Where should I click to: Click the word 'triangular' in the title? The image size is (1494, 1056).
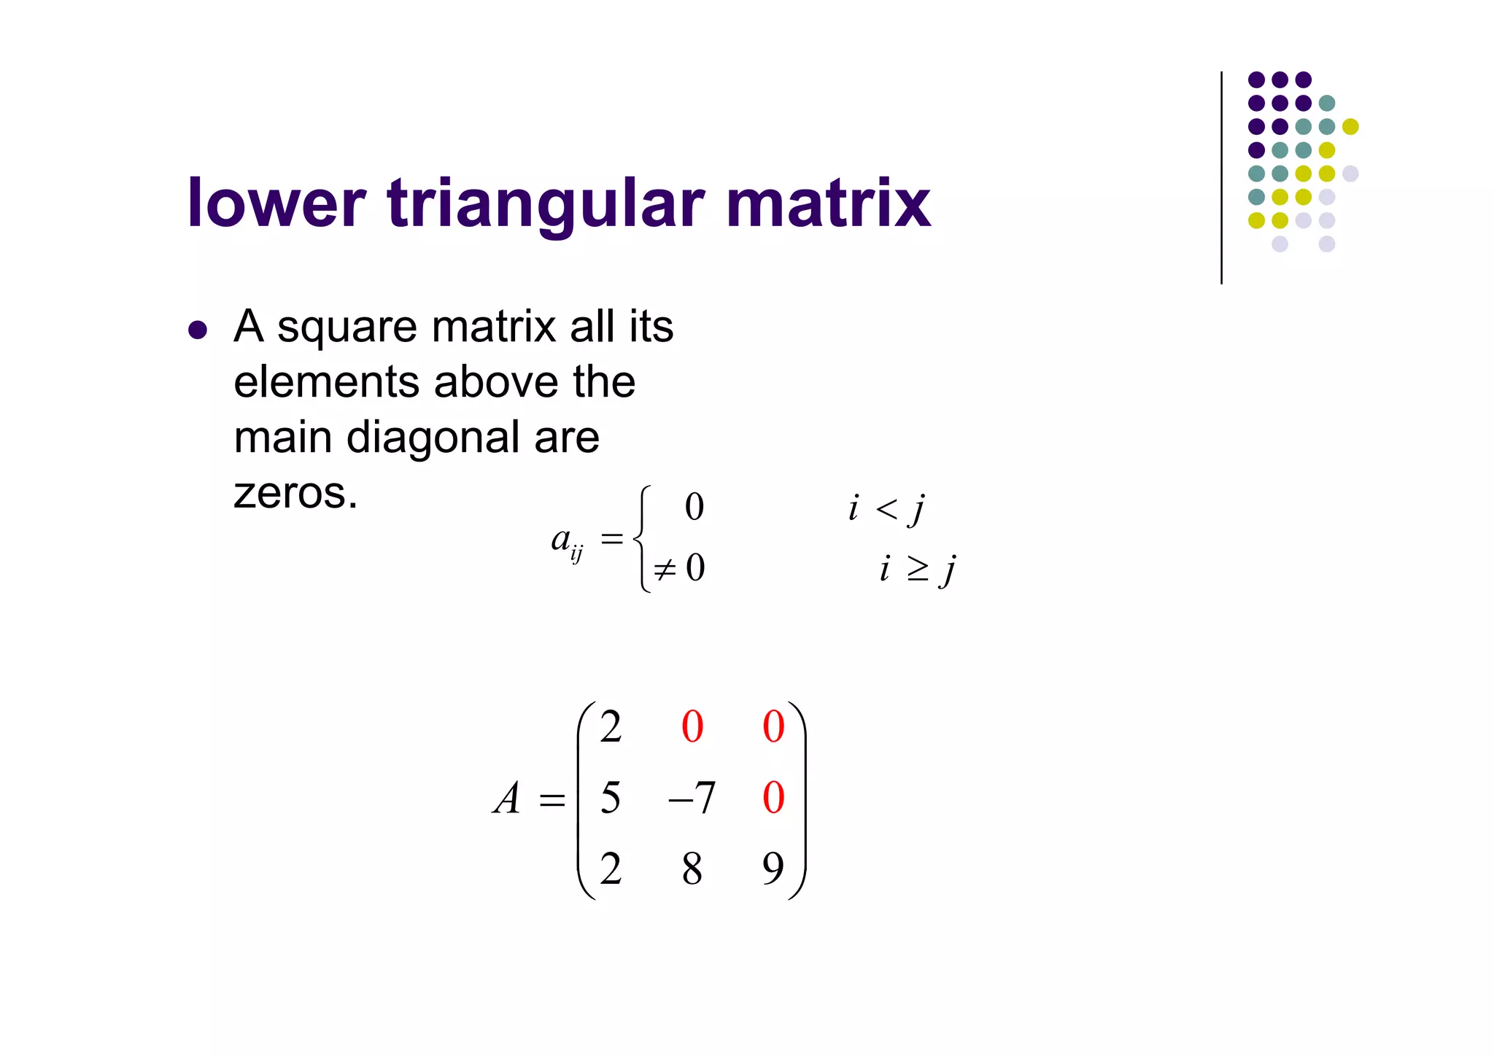(x=546, y=204)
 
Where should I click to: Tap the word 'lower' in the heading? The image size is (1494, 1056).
(x=276, y=204)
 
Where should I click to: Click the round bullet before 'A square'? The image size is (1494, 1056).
(x=198, y=330)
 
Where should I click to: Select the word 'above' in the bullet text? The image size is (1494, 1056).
(x=499, y=382)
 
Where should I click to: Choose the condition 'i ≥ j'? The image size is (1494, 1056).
(x=917, y=569)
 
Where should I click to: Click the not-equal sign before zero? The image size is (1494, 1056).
(x=665, y=569)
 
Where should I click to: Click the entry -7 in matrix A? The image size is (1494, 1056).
(x=692, y=798)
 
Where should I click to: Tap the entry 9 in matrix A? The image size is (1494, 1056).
(x=773, y=868)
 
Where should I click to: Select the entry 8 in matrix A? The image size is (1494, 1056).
(x=692, y=868)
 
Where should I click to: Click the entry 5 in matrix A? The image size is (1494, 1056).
(x=611, y=798)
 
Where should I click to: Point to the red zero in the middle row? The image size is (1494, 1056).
(x=773, y=798)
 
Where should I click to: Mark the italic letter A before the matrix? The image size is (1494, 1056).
(x=507, y=799)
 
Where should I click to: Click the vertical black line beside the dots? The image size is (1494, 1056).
(x=1221, y=178)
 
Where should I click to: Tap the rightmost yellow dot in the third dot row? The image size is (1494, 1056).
(x=1350, y=127)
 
